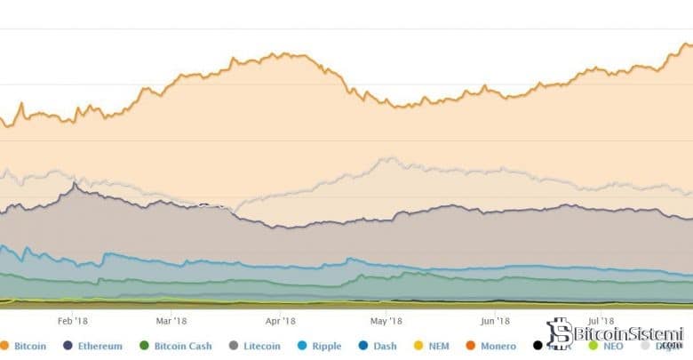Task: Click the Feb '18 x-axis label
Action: [x=73, y=322]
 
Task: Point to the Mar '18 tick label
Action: [x=171, y=322]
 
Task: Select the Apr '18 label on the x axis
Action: [x=279, y=322]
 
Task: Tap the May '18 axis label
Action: [x=386, y=322]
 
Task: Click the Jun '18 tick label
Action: [x=494, y=322]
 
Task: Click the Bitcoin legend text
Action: [x=29, y=346]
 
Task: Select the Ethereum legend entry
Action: [x=99, y=346]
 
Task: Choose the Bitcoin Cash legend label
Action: [x=183, y=346]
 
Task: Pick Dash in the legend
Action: [x=407, y=346]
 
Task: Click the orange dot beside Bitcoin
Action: [x=5, y=346]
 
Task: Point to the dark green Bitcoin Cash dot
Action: [x=144, y=346]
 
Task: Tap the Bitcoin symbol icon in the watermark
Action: [x=559, y=333]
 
